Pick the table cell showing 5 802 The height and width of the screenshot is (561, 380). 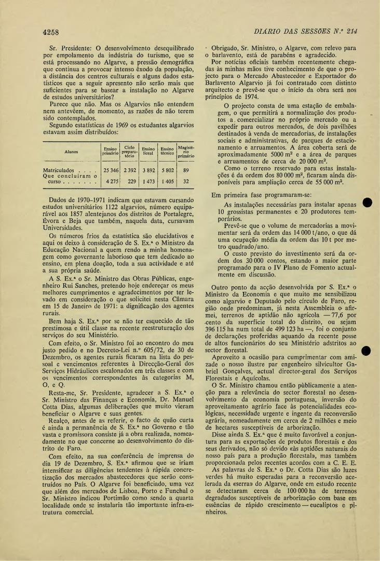pyautogui.click(x=167, y=170)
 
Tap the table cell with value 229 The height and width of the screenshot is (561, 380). pyautogui.click(x=131, y=182)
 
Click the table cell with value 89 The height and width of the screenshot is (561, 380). pyautogui.click(x=185, y=170)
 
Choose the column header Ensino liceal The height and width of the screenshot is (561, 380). pyautogui.click(x=148, y=152)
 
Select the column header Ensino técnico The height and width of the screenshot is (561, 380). pyautogui.click(x=167, y=152)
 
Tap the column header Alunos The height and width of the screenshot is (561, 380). pyautogui.click(x=71, y=152)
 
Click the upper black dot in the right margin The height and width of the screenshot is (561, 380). pyautogui.click(x=368, y=203)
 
